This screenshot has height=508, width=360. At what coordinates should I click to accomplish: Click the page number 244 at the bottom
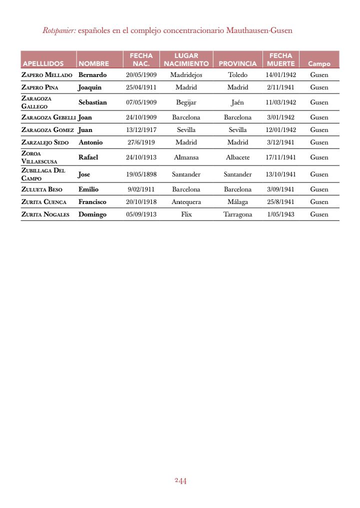180,481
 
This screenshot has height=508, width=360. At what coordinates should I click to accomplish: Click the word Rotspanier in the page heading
59,30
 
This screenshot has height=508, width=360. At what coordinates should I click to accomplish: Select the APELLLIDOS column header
43,64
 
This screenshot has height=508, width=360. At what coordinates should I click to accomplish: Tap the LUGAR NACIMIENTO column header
186,59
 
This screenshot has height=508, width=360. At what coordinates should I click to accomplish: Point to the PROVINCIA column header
237,64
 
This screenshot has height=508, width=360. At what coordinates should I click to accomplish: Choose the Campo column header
319,64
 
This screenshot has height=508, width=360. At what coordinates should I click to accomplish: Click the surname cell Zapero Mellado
47,75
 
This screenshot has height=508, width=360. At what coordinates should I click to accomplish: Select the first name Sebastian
92,102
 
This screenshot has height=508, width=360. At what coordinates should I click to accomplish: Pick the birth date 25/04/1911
141,87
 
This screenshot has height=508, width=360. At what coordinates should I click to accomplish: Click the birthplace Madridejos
186,75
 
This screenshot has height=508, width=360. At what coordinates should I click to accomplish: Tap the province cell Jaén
237,102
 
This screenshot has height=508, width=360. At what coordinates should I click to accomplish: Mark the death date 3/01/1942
280,117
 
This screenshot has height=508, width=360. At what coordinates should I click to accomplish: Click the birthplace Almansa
186,157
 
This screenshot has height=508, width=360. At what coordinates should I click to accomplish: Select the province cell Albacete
237,157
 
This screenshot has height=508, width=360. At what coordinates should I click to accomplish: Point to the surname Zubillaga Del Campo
43,174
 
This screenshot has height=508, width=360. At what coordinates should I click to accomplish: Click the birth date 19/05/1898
141,174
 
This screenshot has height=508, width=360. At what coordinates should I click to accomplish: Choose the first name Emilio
88,189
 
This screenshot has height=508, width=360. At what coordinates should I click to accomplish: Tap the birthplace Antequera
186,202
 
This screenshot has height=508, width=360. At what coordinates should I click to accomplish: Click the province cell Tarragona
237,214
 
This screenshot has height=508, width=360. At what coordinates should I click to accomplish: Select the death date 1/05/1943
280,214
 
